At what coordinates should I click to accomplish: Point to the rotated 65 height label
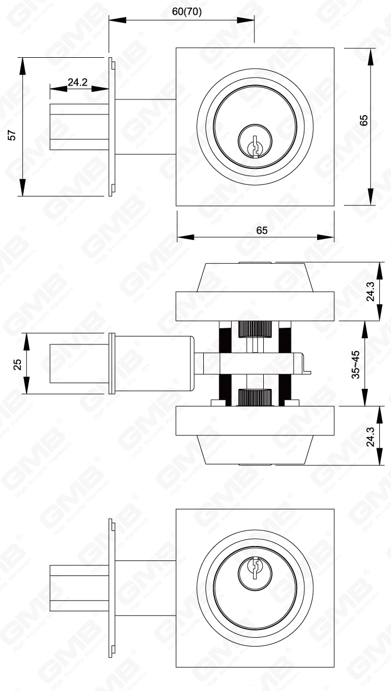(364, 120)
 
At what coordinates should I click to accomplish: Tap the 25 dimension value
(17, 364)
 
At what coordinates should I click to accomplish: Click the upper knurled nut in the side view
(253, 330)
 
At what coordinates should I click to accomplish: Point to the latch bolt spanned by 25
(78, 364)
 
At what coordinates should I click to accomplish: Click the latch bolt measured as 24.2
(78, 127)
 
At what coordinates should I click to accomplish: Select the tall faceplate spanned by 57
(112, 127)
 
